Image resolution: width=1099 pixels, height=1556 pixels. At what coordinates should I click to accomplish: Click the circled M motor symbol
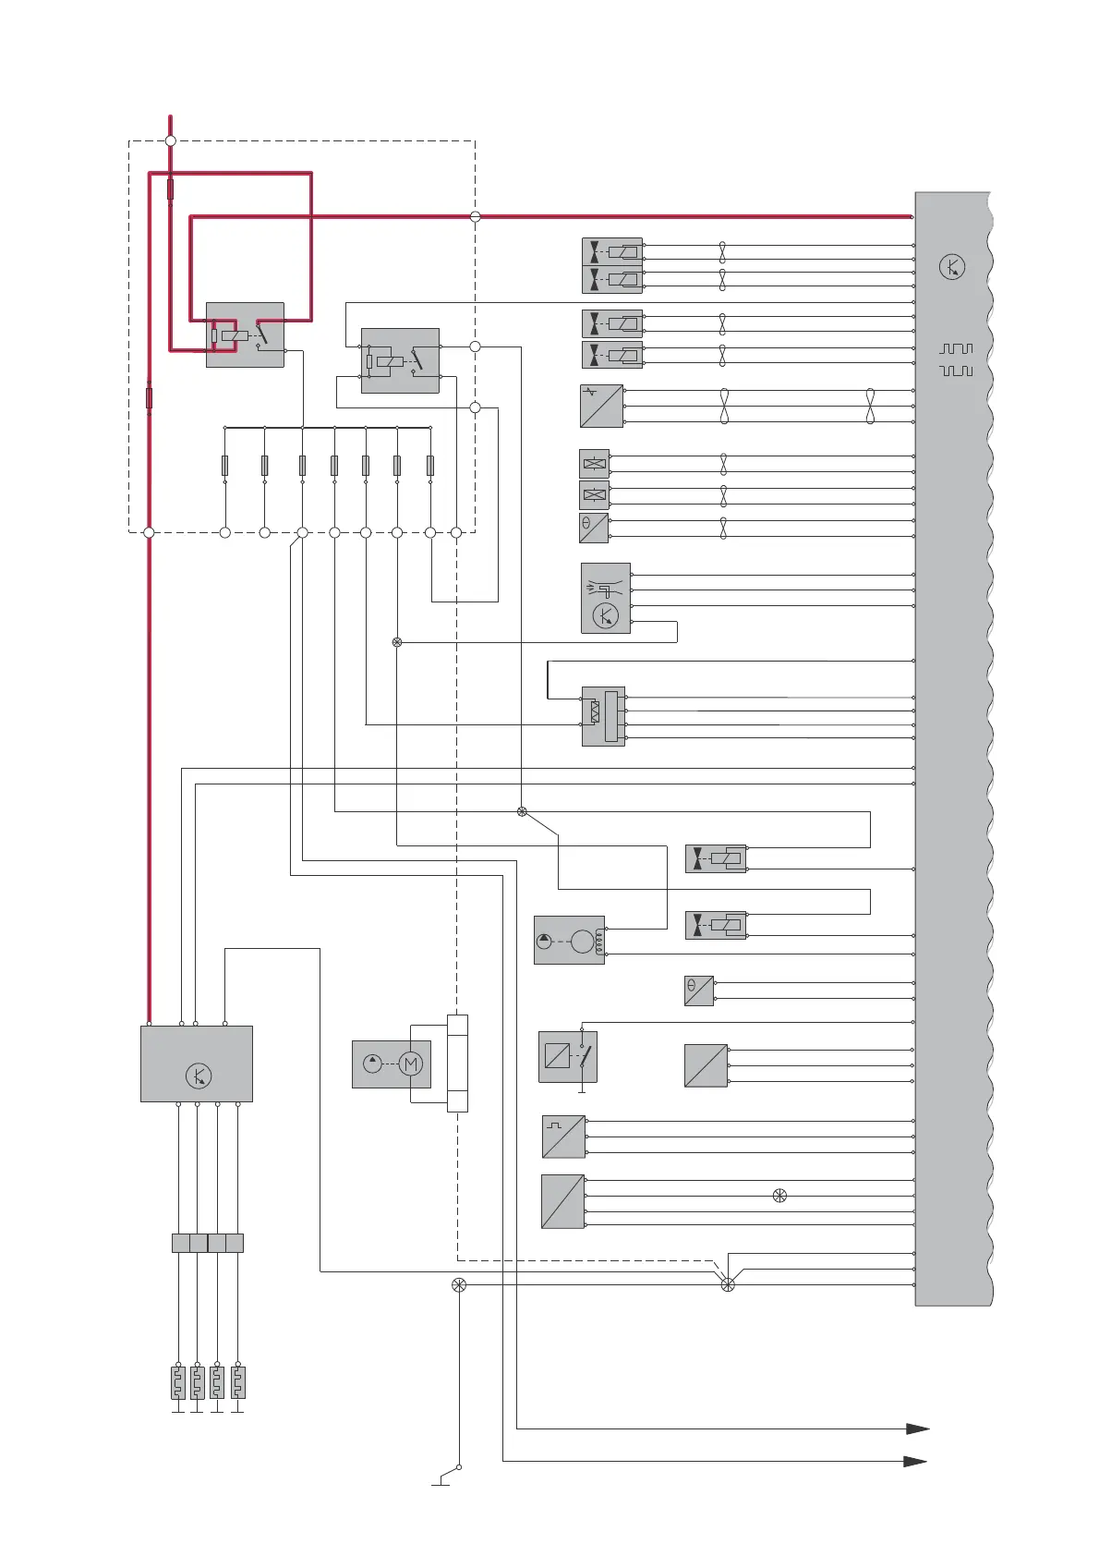411,1064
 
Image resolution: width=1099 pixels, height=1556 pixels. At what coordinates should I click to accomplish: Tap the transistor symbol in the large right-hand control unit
952,267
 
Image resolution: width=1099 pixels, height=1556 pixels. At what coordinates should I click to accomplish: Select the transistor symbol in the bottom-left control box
199,1076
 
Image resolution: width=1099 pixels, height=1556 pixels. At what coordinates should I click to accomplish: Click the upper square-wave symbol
956,349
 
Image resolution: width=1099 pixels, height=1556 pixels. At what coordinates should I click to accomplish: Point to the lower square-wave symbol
956,371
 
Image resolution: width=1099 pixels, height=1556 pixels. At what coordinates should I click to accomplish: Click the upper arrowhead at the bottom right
917,1428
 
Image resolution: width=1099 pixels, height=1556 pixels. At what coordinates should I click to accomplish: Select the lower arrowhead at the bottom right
914,1461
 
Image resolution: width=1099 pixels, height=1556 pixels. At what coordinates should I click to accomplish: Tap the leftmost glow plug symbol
178,1383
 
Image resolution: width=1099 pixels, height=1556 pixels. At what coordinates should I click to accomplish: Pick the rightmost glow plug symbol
237,1383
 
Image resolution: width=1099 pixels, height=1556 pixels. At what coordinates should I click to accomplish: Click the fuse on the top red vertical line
170,189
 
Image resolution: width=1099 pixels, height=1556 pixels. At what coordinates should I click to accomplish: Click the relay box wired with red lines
245,334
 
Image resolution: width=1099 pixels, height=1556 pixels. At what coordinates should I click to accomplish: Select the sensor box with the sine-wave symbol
601,406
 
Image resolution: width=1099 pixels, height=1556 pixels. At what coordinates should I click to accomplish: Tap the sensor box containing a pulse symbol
563,1137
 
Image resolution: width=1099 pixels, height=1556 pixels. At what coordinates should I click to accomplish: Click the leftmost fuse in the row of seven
225,465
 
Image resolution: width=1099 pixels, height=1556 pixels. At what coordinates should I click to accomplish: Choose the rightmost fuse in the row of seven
430,465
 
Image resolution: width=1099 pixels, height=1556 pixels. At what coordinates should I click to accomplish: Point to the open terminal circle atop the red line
170,140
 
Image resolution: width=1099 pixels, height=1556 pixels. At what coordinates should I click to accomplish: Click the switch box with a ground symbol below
568,1056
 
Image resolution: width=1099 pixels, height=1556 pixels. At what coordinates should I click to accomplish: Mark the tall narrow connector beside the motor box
457,1063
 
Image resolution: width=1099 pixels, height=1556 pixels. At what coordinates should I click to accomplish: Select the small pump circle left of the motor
372,1064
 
